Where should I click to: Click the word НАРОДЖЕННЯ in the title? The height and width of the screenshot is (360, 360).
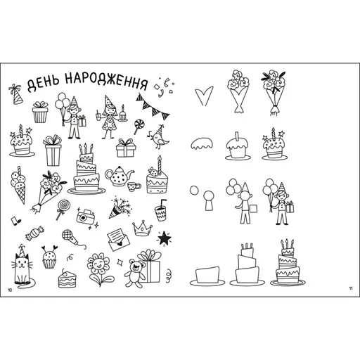[107, 80]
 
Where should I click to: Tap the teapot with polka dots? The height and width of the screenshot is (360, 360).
[119, 176]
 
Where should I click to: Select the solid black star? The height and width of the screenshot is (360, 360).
[165, 238]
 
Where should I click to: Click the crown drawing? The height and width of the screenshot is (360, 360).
[142, 228]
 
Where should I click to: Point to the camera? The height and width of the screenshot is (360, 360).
[85, 217]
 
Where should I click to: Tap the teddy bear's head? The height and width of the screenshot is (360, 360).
[135, 266]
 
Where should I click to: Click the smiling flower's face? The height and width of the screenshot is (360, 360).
[98, 264]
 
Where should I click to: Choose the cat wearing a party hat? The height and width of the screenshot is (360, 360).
[22, 267]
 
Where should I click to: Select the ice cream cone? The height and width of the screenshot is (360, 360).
[18, 185]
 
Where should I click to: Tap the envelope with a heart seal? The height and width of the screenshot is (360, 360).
[118, 240]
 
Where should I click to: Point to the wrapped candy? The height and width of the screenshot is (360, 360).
[34, 233]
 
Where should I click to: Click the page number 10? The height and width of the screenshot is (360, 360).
[10, 290]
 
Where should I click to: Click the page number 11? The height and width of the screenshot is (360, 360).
[351, 288]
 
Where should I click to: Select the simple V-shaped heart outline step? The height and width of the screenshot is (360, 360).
[204, 96]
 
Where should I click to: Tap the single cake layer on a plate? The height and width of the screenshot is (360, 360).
[207, 276]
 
